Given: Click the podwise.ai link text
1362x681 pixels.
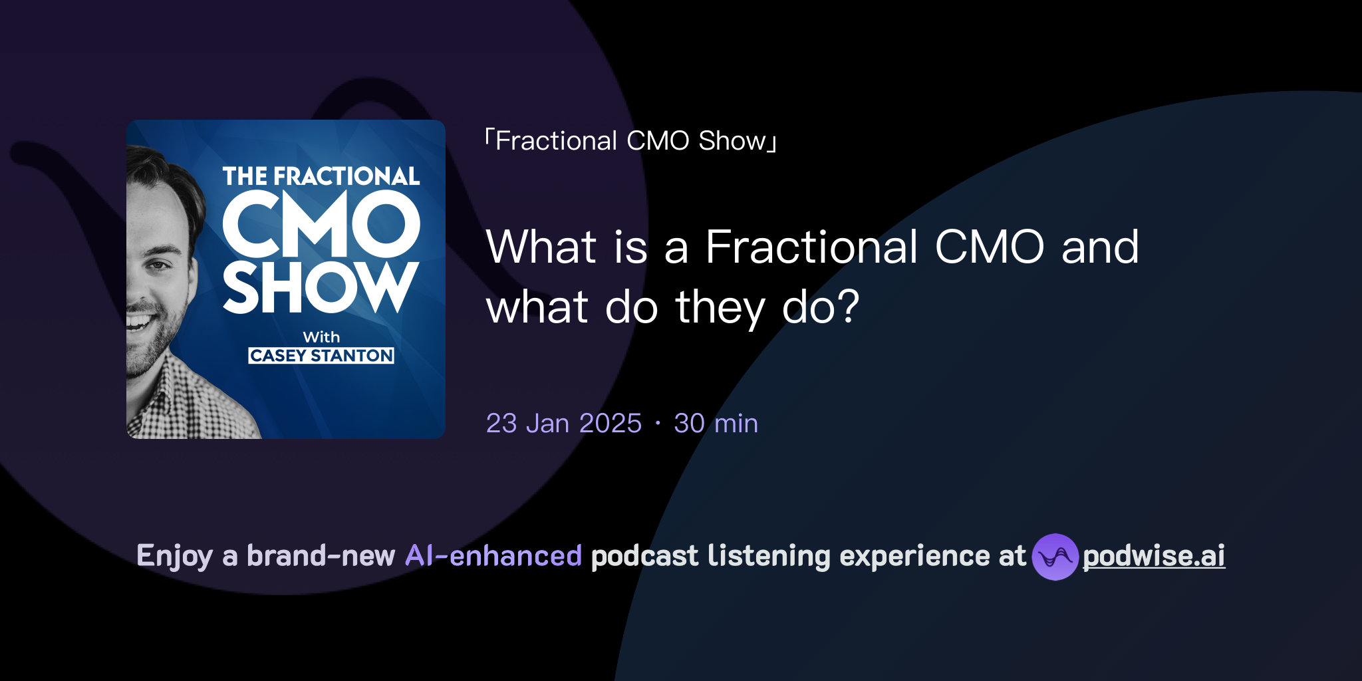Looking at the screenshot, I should (1153, 556).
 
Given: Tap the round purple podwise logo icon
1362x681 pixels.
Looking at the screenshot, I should (1055, 557).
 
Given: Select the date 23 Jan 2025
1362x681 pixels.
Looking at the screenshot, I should (563, 423).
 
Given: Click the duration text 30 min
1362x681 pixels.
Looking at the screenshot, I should (716, 423).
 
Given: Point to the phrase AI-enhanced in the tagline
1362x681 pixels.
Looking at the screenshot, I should (493, 555).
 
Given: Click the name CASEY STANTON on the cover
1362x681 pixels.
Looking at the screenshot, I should (321, 356).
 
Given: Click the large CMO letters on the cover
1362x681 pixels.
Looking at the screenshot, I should (321, 224).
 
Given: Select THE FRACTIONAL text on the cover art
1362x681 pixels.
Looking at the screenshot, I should (321, 176).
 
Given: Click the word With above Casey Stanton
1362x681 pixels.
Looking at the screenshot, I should (321, 337).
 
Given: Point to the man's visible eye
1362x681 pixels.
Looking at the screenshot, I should (158, 265).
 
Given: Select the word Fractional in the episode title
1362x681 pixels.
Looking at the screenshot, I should (811, 247).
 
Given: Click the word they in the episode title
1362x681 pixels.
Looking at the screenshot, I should (720, 308).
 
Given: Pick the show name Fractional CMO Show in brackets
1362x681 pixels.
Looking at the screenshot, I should (630, 141).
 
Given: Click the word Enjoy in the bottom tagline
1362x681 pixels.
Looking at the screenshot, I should (174, 556).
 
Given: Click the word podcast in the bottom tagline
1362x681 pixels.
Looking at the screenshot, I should (644, 556).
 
